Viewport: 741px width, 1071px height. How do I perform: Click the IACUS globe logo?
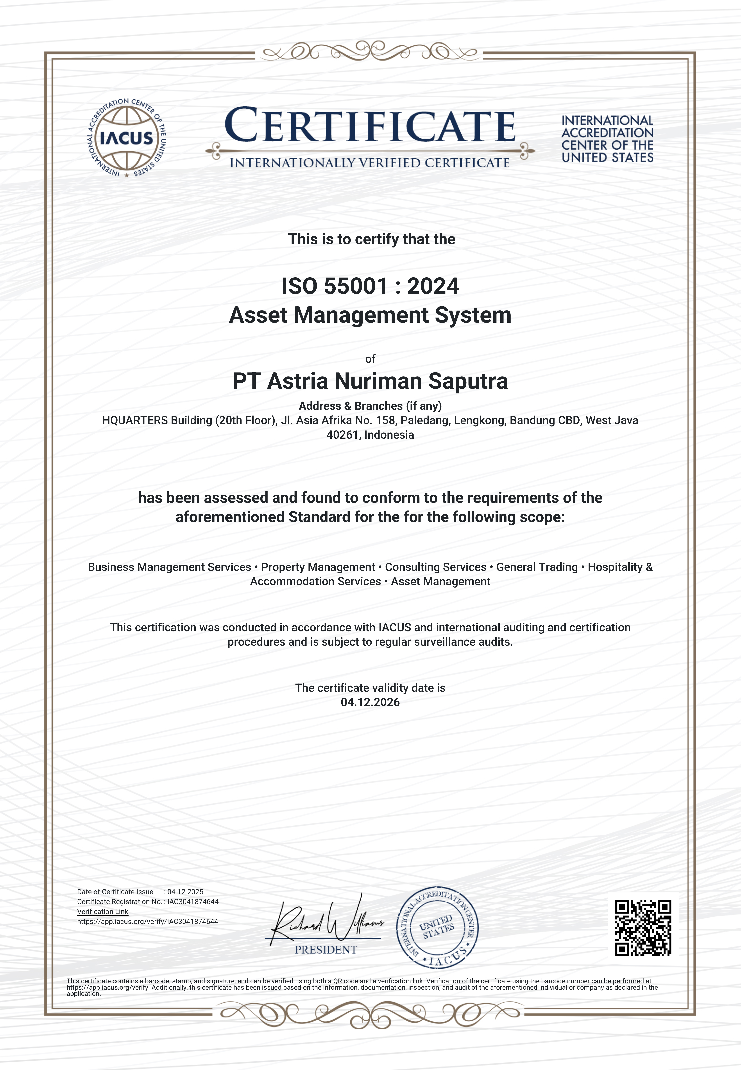pyautogui.click(x=127, y=138)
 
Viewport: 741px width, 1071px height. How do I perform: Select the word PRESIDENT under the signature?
pyautogui.click(x=326, y=950)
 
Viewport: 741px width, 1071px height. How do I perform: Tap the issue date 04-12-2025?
pyautogui.click(x=185, y=892)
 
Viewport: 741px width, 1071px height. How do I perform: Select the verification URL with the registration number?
pyautogui.click(x=148, y=921)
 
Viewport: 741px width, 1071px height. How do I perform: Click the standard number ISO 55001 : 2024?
pyautogui.click(x=370, y=286)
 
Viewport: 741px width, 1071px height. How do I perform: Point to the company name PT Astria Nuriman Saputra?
pyautogui.click(x=370, y=381)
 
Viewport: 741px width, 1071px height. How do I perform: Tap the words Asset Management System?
pyautogui.click(x=370, y=315)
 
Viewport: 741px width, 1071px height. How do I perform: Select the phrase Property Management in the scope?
pyautogui.click(x=318, y=567)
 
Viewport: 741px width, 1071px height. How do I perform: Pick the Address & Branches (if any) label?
pyautogui.click(x=370, y=406)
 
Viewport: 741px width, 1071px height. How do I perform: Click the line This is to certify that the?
pyautogui.click(x=371, y=239)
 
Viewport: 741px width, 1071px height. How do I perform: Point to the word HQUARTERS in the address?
pyautogui.click(x=135, y=420)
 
